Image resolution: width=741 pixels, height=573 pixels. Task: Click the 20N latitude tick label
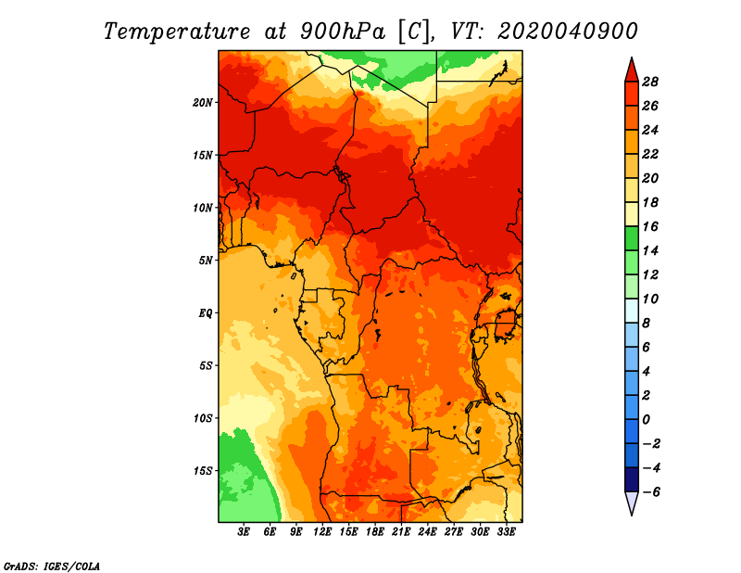coord(203,103)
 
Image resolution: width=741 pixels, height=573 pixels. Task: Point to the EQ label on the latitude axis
coord(206,313)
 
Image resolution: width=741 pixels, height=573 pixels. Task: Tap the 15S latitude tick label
coord(203,471)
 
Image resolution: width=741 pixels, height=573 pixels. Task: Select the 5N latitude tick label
coord(206,261)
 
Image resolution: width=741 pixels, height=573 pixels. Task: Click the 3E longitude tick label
coord(244,532)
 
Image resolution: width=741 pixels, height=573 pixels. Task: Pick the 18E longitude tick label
coord(375,532)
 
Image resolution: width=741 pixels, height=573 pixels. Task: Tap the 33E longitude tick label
coord(506,532)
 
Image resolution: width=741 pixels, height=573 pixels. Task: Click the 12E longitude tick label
coord(322,532)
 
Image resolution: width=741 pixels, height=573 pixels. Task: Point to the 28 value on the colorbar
coord(650,82)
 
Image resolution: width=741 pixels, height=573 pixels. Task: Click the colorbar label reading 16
coord(650,226)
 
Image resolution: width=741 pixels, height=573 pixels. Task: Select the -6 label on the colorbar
coord(650,492)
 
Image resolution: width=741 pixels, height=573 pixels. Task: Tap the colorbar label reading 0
coord(646,420)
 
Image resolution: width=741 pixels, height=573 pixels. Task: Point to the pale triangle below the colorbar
coord(632,501)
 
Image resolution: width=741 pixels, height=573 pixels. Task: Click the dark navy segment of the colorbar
coord(632,479)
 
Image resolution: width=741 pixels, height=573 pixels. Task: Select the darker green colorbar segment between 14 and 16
coord(632,238)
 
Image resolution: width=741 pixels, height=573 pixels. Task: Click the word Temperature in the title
coord(177,32)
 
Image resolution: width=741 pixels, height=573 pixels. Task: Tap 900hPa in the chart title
coord(342,32)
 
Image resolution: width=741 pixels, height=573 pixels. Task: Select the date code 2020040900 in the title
coord(568,32)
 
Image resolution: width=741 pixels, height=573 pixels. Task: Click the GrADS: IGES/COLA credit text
coord(52,566)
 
